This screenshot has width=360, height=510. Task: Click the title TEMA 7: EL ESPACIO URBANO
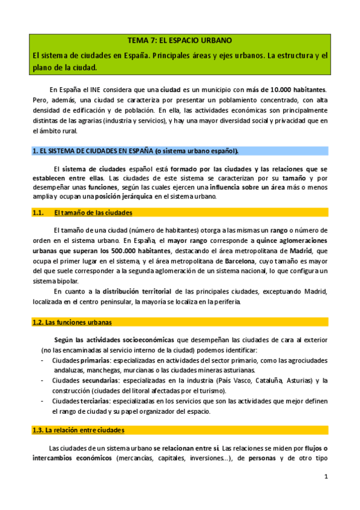[x=180, y=41]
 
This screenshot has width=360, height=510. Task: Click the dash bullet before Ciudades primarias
[x=40, y=360]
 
